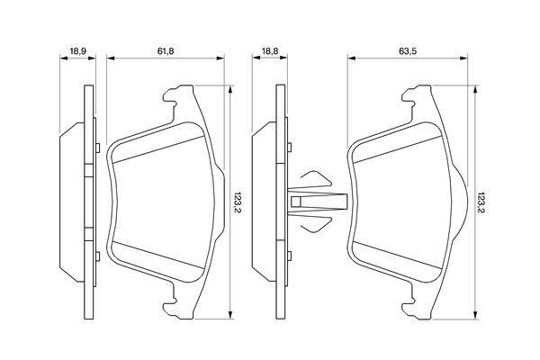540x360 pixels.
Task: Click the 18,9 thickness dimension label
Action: pos(77,51)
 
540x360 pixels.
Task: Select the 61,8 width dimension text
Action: pos(166,51)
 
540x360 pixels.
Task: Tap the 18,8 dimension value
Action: pos(270,51)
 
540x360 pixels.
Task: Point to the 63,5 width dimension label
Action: pos(408,51)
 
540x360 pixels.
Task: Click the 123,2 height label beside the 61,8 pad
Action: pos(238,202)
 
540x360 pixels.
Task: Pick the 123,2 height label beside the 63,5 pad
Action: pos(482,202)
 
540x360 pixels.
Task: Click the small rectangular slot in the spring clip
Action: pos(296,202)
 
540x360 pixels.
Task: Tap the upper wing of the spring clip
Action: pos(316,178)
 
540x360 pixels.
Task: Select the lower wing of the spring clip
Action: pos(316,225)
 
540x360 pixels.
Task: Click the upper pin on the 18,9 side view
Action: pos(98,148)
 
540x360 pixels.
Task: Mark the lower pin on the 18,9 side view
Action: pos(98,256)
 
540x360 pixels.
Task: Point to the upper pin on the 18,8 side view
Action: pos(289,147)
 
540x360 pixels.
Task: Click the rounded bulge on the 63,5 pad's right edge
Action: pos(463,202)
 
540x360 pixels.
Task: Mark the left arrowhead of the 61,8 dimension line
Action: pos(110,58)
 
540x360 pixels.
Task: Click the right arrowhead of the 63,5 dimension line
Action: pos(463,58)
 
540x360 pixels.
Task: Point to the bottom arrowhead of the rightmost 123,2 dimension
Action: pos(475,315)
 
